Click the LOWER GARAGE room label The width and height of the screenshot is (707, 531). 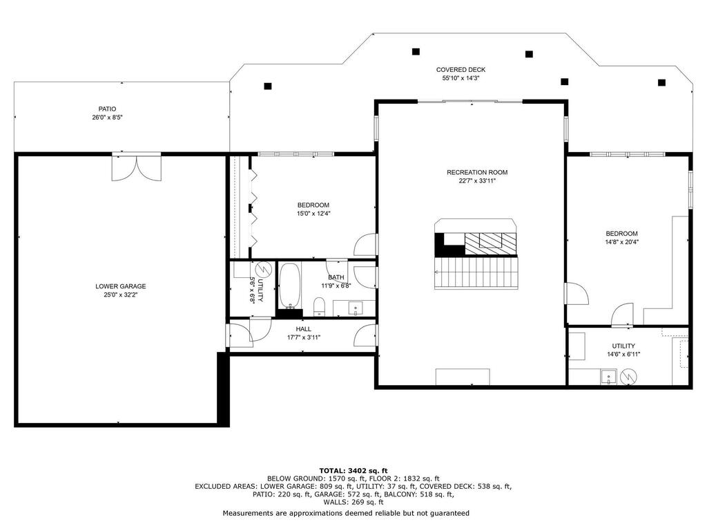point(120,286)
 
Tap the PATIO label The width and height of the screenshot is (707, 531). point(107,109)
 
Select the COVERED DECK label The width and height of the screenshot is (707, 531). point(461,70)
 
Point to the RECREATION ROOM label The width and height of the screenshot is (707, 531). point(477,172)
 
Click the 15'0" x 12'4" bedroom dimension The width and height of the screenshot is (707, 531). point(313,214)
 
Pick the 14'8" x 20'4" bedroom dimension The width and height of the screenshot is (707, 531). point(622,241)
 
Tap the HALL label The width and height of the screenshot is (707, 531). point(304,329)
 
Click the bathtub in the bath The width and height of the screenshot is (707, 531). point(290,285)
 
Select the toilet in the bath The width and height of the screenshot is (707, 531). point(319,306)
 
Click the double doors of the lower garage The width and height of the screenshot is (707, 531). point(137,168)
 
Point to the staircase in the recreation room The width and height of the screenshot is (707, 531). point(476,272)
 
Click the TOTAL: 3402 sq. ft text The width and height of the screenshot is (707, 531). point(353,470)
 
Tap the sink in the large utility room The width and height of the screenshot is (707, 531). point(608,377)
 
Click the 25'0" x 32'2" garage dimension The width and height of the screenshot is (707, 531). point(120,295)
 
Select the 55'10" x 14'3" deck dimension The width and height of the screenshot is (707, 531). point(461,78)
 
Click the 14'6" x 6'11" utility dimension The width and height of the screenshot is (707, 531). point(623,355)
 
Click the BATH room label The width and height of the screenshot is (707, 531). point(336,277)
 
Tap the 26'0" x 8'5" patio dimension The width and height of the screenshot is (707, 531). point(107,118)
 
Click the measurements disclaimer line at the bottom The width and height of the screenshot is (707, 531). point(346,513)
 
